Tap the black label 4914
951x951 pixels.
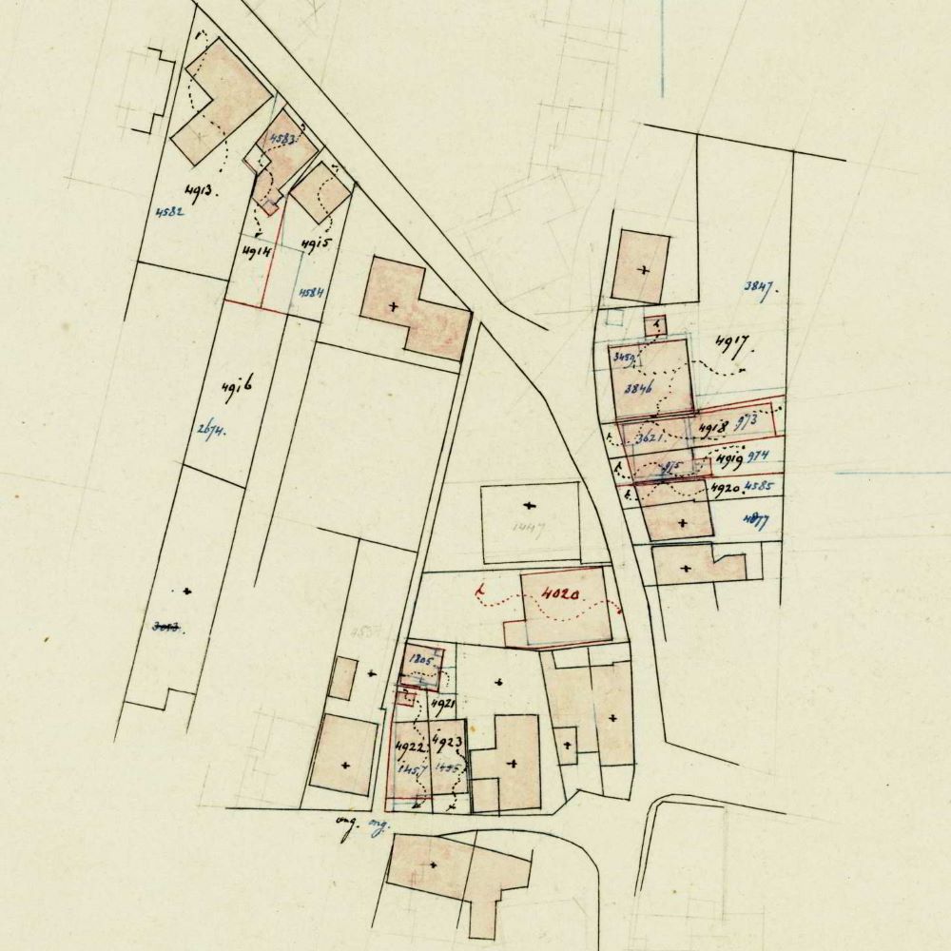click(256, 251)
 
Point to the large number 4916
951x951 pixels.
click(235, 388)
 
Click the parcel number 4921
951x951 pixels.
click(443, 704)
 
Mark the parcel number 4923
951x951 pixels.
click(447, 741)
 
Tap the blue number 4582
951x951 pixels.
click(167, 212)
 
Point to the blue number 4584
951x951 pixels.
click(311, 293)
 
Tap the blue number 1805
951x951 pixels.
click(419, 658)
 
